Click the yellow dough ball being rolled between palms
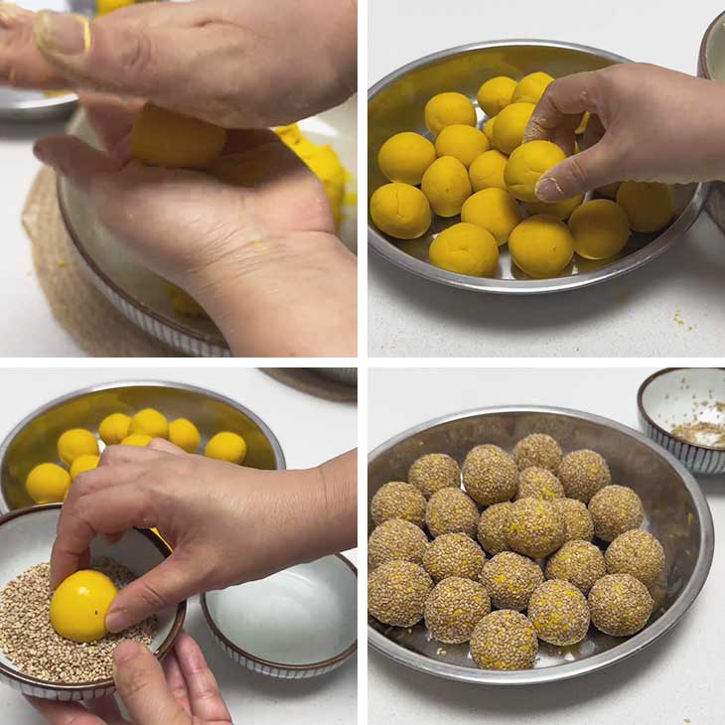(179, 139)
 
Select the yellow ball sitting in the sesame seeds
(82, 605)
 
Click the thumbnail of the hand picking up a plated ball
(549, 187)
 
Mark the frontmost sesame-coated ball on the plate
(503, 640)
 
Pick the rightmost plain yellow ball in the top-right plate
(645, 206)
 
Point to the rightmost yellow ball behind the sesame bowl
(225, 447)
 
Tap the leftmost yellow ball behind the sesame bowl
(48, 483)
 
